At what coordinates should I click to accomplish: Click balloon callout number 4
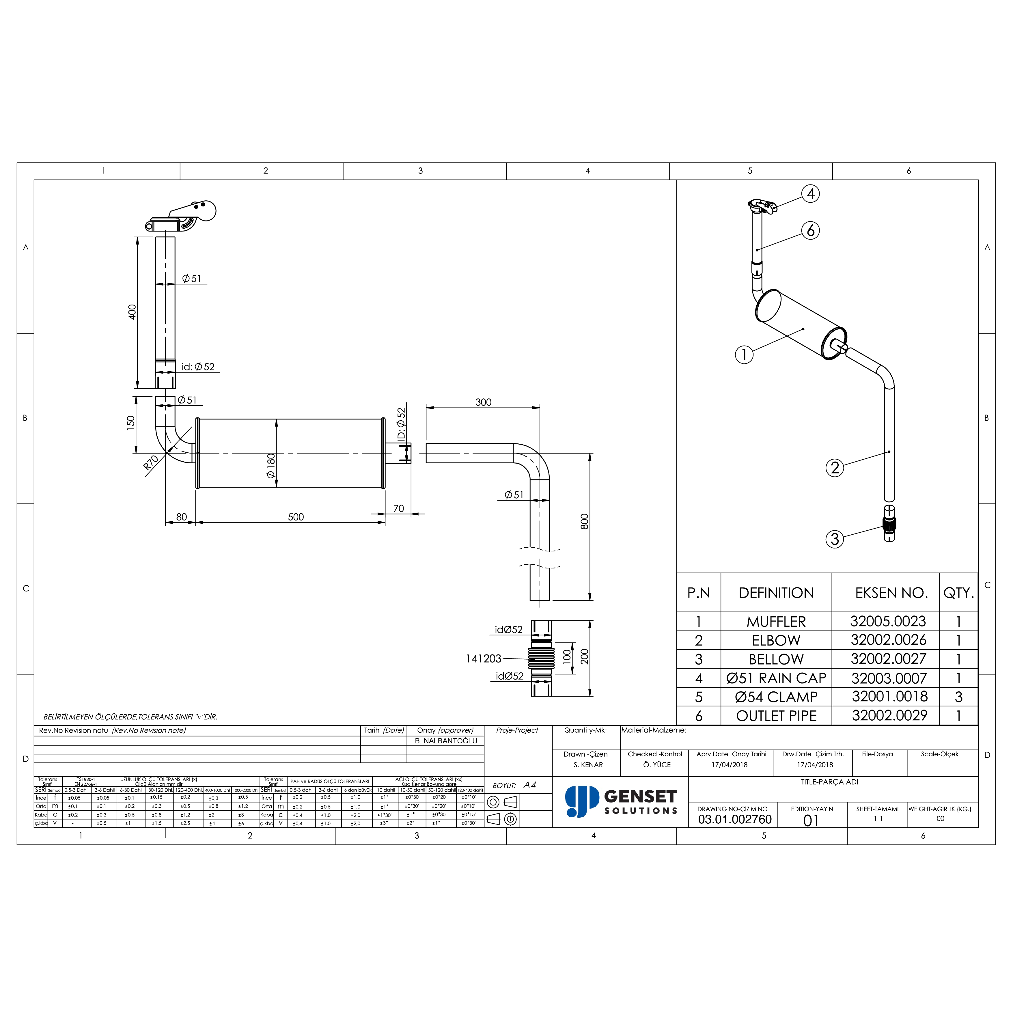coord(811,194)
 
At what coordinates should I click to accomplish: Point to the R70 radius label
coord(151,462)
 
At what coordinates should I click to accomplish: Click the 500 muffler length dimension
coord(296,517)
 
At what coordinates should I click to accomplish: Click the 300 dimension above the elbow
coord(483,402)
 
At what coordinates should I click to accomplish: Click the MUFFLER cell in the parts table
coord(776,622)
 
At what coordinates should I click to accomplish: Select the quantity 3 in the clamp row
coord(958,697)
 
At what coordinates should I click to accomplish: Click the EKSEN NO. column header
coord(891,593)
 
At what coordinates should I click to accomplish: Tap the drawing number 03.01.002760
coord(735,820)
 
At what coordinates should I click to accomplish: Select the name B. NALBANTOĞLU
coord(446,741)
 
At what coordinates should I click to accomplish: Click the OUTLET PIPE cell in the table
coord(776,716)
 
